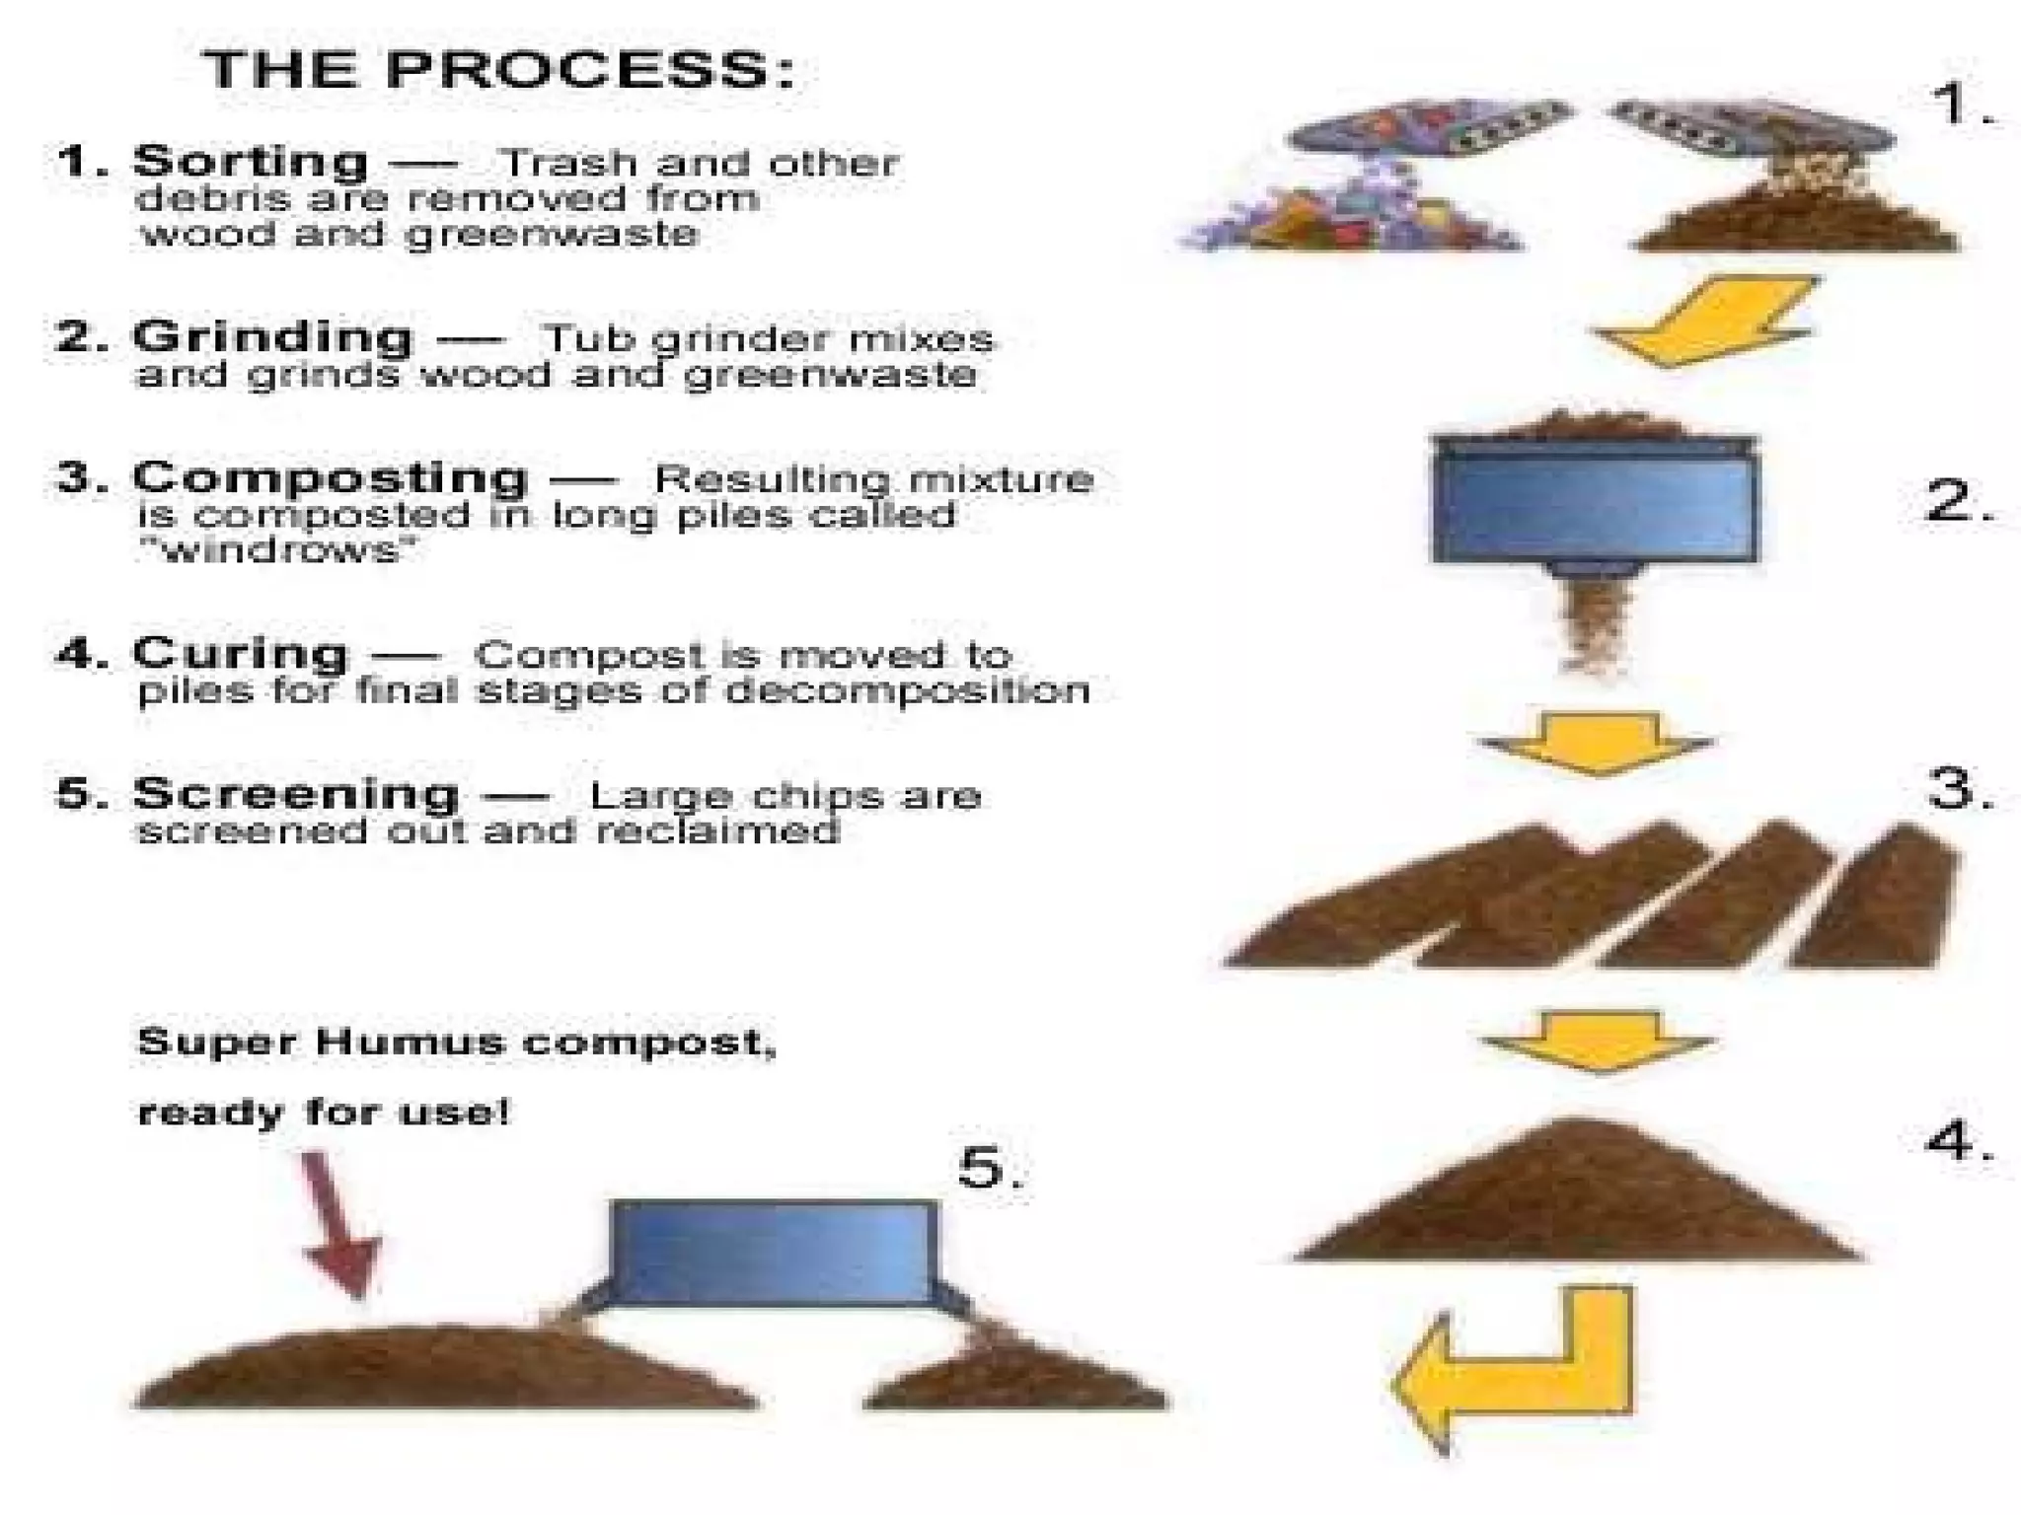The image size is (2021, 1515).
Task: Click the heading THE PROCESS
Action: [499, 70]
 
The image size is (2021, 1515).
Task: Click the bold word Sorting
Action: [251, 161]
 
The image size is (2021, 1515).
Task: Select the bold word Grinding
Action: [272, 337]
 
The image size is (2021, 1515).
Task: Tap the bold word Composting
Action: [330, 477]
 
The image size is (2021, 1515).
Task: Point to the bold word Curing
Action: [241, 653]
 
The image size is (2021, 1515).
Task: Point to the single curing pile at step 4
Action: [1577, 1198]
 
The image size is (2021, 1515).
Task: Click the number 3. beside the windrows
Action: [1958, 789]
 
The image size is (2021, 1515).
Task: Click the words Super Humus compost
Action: [456, 1043]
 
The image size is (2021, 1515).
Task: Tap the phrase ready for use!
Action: [324, 1114]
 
